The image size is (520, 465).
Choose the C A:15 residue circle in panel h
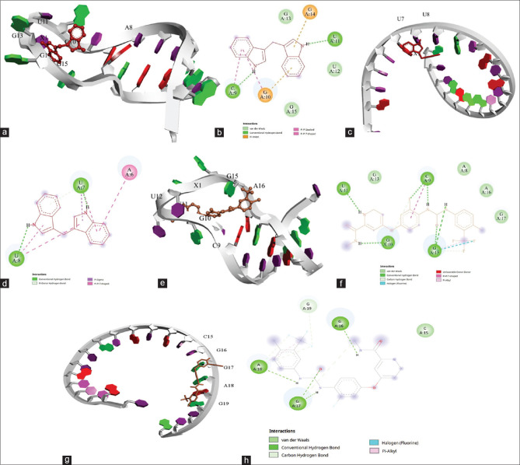point(424,330)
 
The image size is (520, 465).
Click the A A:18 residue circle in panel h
point(258,368)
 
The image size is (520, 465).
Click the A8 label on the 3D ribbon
point(129,28)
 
